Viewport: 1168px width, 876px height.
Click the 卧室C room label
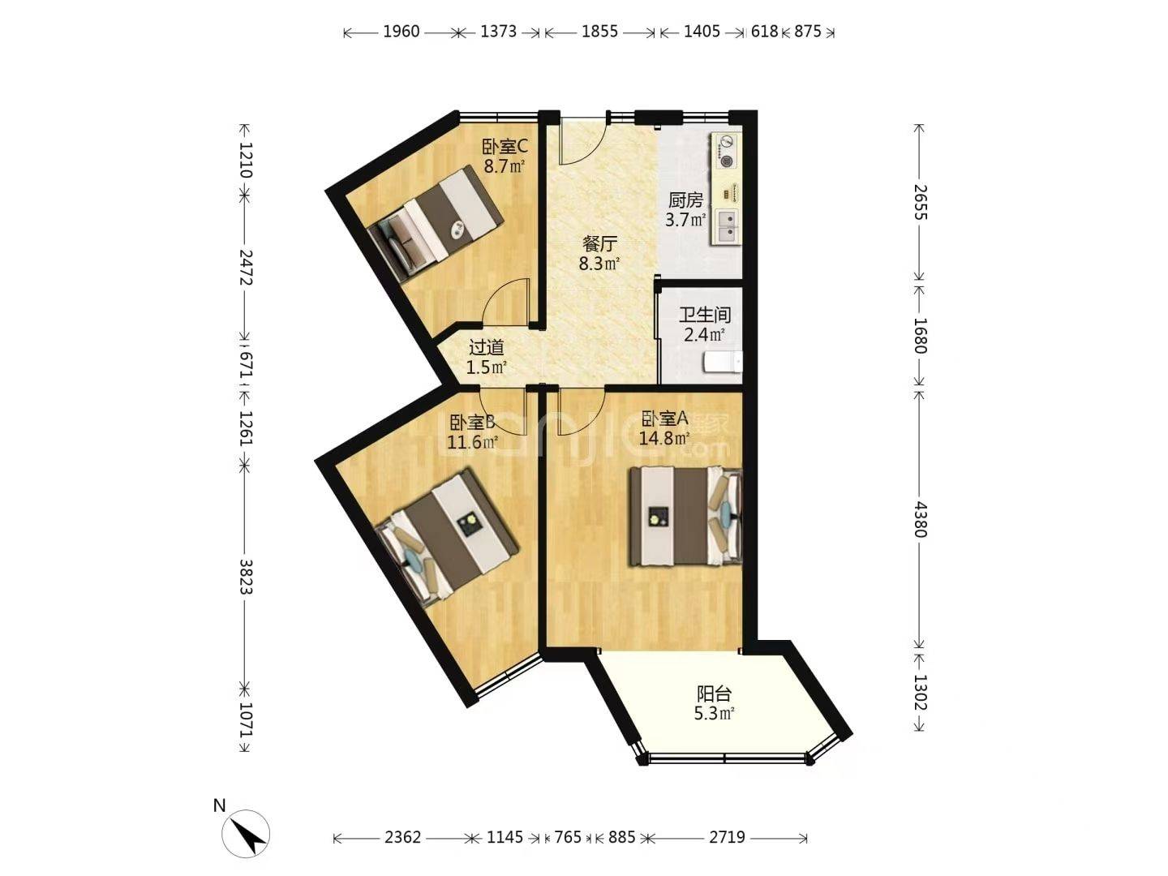505,146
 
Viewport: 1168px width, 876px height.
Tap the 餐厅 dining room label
599,244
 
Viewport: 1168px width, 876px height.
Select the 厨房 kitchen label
685,200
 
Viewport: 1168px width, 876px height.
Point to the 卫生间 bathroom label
704,315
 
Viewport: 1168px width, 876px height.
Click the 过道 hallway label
486,348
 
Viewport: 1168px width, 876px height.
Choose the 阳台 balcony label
714,693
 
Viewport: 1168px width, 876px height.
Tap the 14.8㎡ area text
664,438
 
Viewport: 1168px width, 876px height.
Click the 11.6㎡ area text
473,442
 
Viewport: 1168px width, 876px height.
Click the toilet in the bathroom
723,363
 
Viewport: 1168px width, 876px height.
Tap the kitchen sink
726,227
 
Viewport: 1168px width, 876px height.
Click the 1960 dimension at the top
401,32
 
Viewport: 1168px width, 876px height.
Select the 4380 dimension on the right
920,520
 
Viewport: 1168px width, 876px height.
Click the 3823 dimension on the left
245,577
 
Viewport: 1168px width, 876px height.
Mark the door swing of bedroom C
505,301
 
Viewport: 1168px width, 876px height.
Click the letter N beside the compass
220,805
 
